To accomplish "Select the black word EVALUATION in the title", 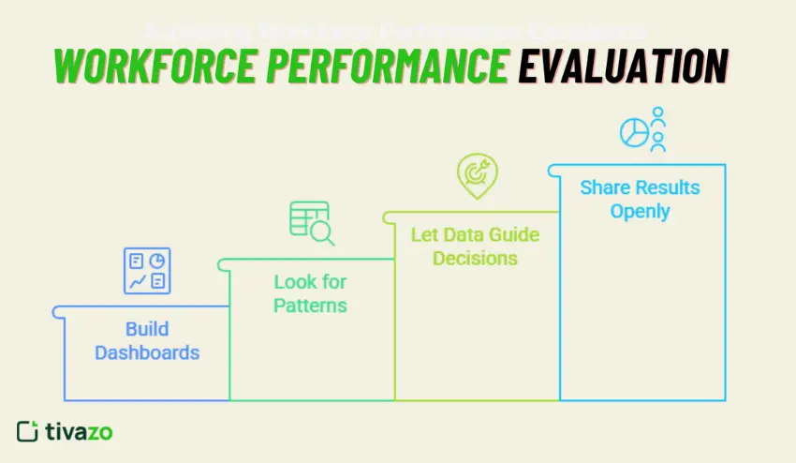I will tap(623, 67).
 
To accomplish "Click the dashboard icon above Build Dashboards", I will tap(147, 270).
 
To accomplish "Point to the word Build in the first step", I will tap(147, 329).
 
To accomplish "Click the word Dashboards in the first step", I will tap(147, 353).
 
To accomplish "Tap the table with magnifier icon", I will tap(311, 223).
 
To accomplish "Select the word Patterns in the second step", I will tap(310, 306).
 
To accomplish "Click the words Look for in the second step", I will tap(310, 281).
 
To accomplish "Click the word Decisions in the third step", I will tap(476, 258).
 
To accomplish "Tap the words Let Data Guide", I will tap(476, 233).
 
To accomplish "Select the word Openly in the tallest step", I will tap(640, 211).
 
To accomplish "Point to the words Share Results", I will tap(640, 187).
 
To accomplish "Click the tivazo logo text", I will tap(80, 431).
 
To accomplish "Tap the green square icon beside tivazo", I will tap(27, 431).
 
